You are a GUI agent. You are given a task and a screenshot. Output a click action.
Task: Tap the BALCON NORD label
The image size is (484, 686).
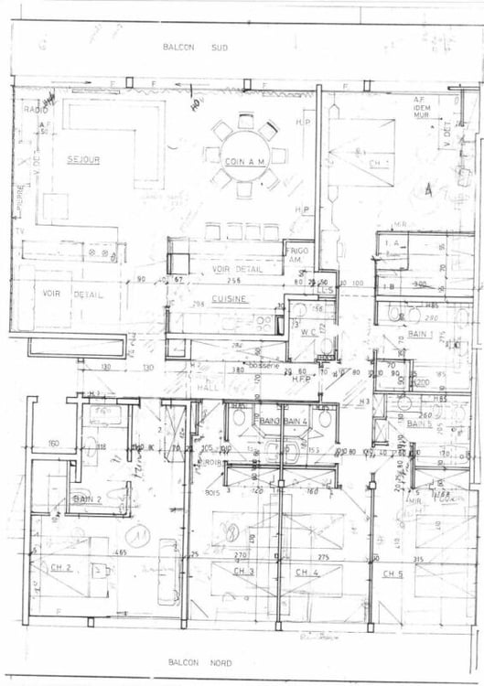coord(199,662)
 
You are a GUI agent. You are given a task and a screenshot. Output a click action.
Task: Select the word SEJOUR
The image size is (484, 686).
coord(83,160)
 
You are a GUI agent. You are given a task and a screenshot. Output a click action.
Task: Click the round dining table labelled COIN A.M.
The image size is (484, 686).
coord(244,160)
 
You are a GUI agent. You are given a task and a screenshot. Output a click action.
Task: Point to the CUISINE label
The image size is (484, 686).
coord(227,298)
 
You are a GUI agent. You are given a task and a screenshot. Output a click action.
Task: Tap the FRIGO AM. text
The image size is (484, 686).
coord(297,254)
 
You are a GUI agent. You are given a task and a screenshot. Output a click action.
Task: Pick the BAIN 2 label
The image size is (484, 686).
coord(86,498)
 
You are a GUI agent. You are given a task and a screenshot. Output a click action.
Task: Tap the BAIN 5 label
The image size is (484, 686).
coord(419,424)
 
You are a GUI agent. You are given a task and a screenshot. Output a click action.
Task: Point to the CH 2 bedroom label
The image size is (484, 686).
coord(62,567)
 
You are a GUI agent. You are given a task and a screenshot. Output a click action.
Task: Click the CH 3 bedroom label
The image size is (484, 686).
coord(242,572)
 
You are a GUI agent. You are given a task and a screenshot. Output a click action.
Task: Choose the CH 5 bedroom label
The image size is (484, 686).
coord(393,573)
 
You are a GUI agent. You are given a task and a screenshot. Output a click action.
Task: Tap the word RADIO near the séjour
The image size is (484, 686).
coord(36,110)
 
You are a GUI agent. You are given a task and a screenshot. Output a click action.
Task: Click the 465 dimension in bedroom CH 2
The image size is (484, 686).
coord(120,553)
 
